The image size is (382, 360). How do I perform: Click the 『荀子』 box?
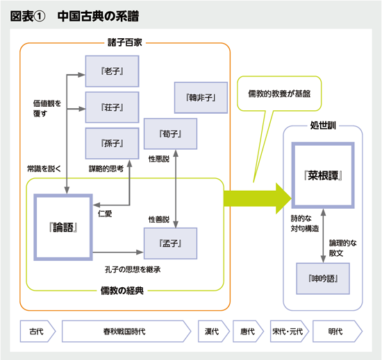click(x=169, y=133)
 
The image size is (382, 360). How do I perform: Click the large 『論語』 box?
click(x=63, y=227)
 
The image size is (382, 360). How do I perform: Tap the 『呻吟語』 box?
click(x=322, y=277)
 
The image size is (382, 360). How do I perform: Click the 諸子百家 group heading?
click(x=125, y=43)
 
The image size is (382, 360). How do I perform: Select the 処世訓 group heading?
click(x=323, y=126)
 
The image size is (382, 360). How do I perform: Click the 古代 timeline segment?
click(x=36, y=331)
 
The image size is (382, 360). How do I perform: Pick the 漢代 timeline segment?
click(x=213, y=331)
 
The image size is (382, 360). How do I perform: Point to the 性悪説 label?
click(x=159, y=160)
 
